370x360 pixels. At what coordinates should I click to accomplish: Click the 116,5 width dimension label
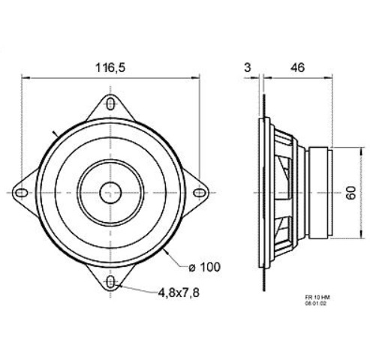click(110, 67)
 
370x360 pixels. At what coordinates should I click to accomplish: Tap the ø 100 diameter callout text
click(205, 267)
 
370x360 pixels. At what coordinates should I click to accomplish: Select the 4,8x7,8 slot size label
click(179, 292)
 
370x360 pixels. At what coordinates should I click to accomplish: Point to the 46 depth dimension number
click(298, 67)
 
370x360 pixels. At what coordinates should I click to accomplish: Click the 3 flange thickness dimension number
click(247, 67)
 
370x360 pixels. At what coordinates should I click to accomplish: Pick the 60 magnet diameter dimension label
click(351, 193)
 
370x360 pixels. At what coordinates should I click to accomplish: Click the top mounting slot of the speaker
click(110, 103)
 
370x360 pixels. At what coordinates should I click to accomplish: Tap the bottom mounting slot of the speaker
click(110, 282)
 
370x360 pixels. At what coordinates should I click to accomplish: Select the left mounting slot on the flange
click(22, 193)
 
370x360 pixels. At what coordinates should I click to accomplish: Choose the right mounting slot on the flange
click(200, 193)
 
